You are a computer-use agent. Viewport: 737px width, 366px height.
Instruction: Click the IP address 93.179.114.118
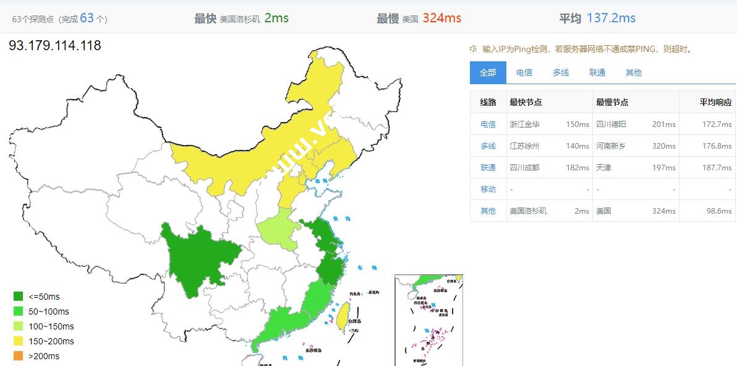(55, 46)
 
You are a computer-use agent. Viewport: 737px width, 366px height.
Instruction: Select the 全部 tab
(488, 72)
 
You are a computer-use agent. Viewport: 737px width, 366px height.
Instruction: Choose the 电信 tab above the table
(524, 72)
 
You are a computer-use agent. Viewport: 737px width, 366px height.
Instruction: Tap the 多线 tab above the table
(561, 72)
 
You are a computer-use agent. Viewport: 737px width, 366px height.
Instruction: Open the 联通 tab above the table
(597, 72)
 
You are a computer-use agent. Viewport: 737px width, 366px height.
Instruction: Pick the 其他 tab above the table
(633, 72)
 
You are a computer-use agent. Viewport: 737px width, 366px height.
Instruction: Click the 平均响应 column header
(715, 102)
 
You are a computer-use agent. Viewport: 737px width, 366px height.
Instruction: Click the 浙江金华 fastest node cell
(524, 124)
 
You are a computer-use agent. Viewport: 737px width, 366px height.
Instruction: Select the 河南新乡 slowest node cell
(611, 146)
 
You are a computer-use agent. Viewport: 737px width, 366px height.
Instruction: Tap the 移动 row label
(488, 189)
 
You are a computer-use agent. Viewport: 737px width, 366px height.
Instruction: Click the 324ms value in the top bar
(441, 18)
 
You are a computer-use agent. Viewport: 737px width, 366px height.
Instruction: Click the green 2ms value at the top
(276, 18)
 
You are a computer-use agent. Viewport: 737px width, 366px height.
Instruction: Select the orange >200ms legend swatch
(19, 356)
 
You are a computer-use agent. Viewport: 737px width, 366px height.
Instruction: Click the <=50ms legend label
(44, 297)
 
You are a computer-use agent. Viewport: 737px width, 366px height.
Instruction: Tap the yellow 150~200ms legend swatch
(19, 341)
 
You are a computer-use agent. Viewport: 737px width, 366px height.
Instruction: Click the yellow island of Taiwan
(341, 315)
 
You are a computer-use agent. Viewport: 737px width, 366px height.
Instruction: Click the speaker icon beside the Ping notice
(473, 49)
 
